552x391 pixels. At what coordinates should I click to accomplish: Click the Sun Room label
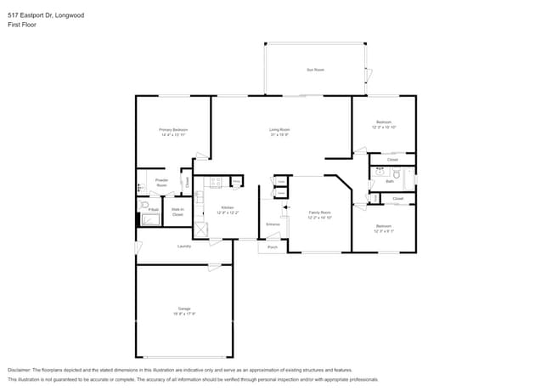coord(315,70)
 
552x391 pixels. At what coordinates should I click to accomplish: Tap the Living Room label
coord(280,132)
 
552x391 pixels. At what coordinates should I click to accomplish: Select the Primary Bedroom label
coord(172,132)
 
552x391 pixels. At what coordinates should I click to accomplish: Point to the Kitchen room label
coord(227,209)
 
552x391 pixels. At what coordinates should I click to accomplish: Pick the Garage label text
coord(184,310)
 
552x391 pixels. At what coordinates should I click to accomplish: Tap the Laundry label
coord(183,246)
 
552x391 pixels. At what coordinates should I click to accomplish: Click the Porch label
coord(272,247)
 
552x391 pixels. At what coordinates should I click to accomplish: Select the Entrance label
coord(273,224)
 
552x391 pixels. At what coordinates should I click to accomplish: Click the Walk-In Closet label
coord(177,212)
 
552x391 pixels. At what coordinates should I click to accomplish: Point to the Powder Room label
coord(161,183)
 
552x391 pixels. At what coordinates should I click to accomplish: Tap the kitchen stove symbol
coord(216,181)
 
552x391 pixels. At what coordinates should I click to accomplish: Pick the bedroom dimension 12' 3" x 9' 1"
coord(384,229)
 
